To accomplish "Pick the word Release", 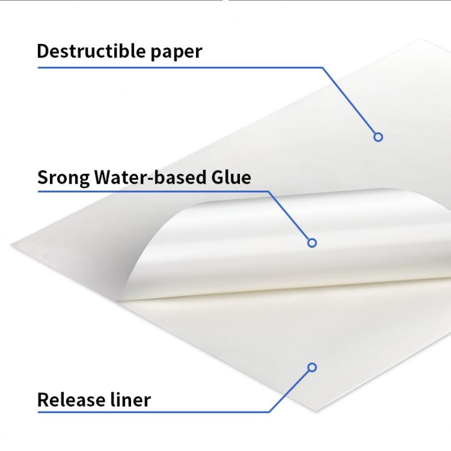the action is point(72,399).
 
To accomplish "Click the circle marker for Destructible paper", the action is point(378,137).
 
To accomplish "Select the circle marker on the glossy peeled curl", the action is point(312,243).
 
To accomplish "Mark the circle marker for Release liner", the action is point(312,367).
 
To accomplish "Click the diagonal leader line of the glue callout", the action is point(290,217).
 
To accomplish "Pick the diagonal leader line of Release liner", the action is point(290,390).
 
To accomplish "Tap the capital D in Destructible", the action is point(43,51).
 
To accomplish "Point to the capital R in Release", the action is point(43,399).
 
